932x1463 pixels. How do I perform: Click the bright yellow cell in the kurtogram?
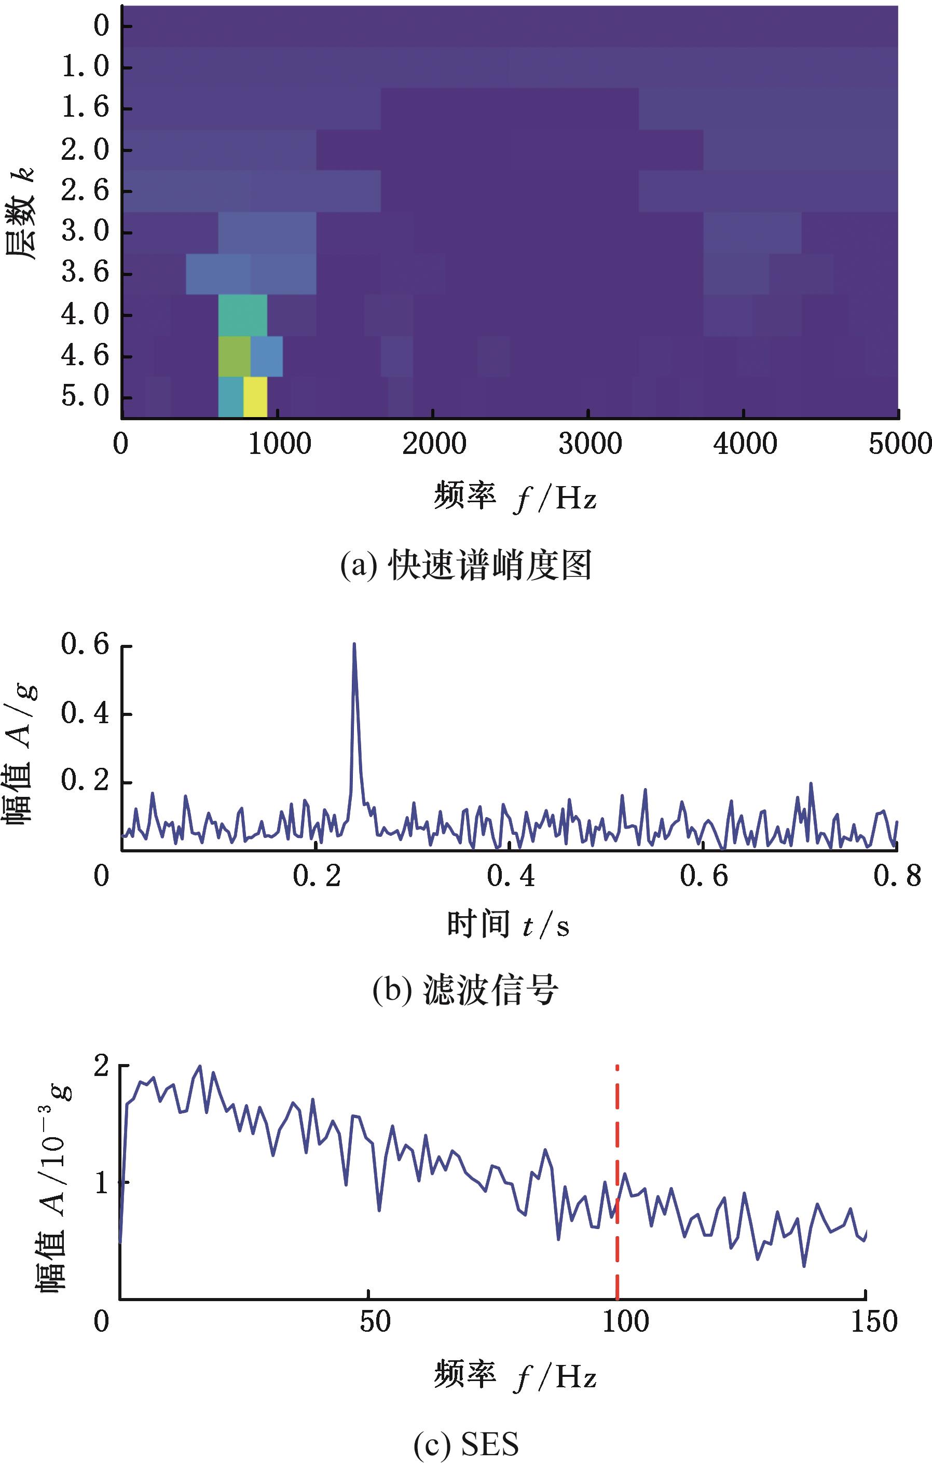click(x=255, y=397)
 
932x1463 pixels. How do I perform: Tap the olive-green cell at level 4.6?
click(x=235, y=356)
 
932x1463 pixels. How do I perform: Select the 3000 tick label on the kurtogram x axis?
click(x=590, y=445)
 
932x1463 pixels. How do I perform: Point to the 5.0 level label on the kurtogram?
click(x=85, y=397)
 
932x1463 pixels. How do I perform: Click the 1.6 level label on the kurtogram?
click(x=85, y=108)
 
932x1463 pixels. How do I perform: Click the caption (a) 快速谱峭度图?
click(x=465, y=565)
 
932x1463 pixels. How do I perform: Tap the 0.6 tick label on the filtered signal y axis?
click(x=85, y=645)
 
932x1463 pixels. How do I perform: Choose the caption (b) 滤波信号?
click(x=465, y=990)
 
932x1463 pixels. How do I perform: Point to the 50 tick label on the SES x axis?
click(x=374, y=1321)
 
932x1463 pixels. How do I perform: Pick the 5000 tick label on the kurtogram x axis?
click(x=900, y=445)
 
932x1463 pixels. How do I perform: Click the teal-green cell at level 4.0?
click(x=242, y=315)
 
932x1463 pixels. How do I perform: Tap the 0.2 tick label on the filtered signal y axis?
click(x=85, y=781)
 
